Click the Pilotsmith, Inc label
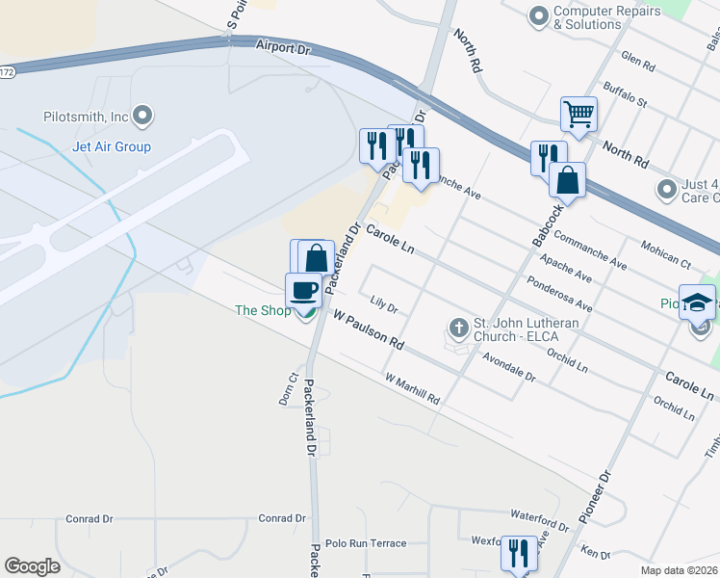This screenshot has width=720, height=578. click(86, 117)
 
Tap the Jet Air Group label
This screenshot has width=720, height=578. click(112, 147)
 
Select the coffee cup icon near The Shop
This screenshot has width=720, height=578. click(304, 289)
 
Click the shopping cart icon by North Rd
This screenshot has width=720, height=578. click(579, 114)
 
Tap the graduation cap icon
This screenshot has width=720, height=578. click(697, 302)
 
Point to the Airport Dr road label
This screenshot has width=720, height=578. click(286, 47)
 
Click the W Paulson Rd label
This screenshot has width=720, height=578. click(368, 329)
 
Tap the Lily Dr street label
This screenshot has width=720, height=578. click(384, 305)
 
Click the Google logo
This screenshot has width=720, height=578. click(32, 565)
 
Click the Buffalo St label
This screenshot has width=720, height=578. click(626, 94)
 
